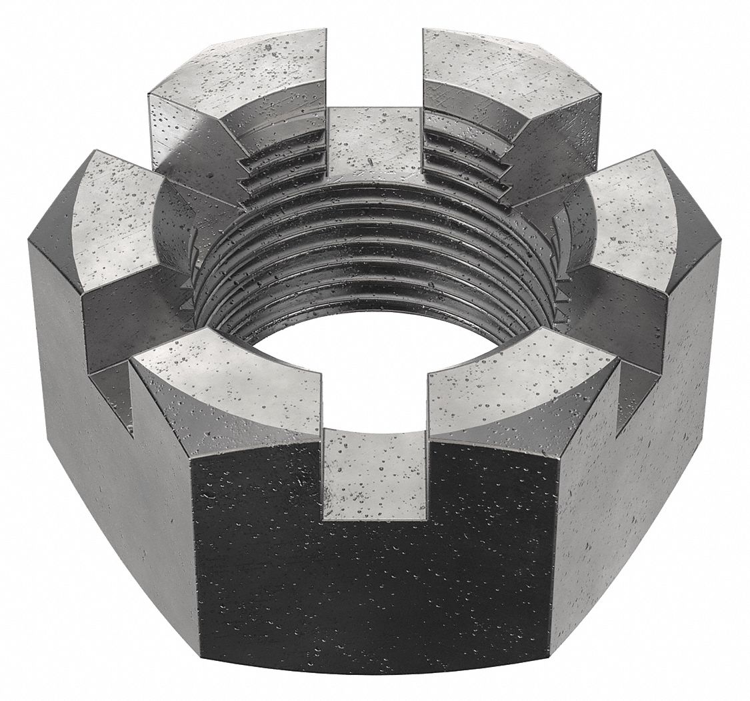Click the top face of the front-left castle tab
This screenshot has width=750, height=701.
coord(227,380)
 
